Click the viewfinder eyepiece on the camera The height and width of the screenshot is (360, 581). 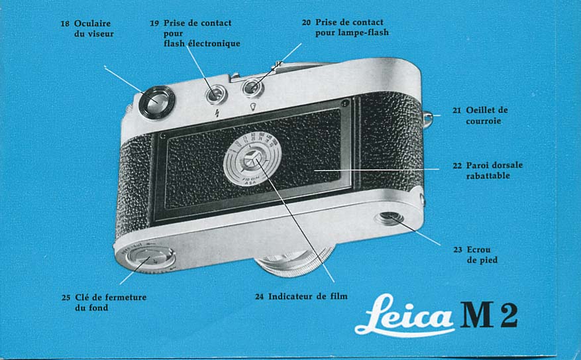tap(157, 103)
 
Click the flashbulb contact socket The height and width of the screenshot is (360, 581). tap(252, 88)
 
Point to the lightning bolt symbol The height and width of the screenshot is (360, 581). tap(217, 113)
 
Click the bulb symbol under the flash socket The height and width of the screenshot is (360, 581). tap(253, 107)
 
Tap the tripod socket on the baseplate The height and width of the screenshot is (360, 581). tap(389, 218)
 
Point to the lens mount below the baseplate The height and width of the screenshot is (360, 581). tap(295, 261)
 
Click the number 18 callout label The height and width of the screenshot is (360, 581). tap(65, 24)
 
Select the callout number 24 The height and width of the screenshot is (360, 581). tap(260, 296)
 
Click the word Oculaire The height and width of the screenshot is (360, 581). tap(92, 23)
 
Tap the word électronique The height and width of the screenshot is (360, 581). tap(214, 44)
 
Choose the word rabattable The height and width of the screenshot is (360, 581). tap(488, 176)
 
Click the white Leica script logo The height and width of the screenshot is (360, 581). tap(405, 315)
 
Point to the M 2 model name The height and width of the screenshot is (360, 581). tap(489, 315)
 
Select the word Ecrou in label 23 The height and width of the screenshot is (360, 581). tap(478, 249)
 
